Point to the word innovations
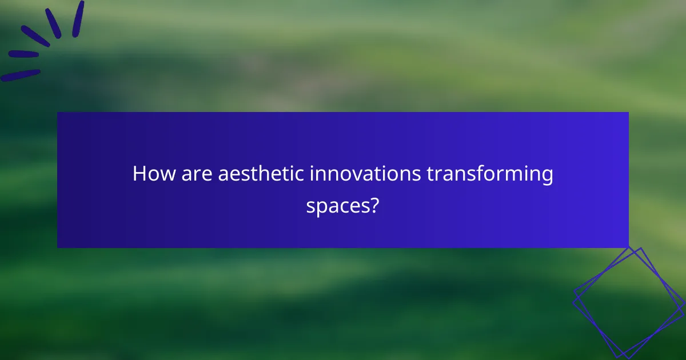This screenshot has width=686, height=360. [x=365, y=174]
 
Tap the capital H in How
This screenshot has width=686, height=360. [x=138, y=174]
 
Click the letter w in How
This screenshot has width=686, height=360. [x=161, y=175]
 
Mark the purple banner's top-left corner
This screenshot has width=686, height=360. [x=58, y=113]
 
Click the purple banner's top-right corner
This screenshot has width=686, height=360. [x=628, y=113]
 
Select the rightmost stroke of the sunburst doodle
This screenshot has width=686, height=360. [x=78, y=19]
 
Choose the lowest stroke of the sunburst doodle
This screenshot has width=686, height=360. [x=21, y=75]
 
